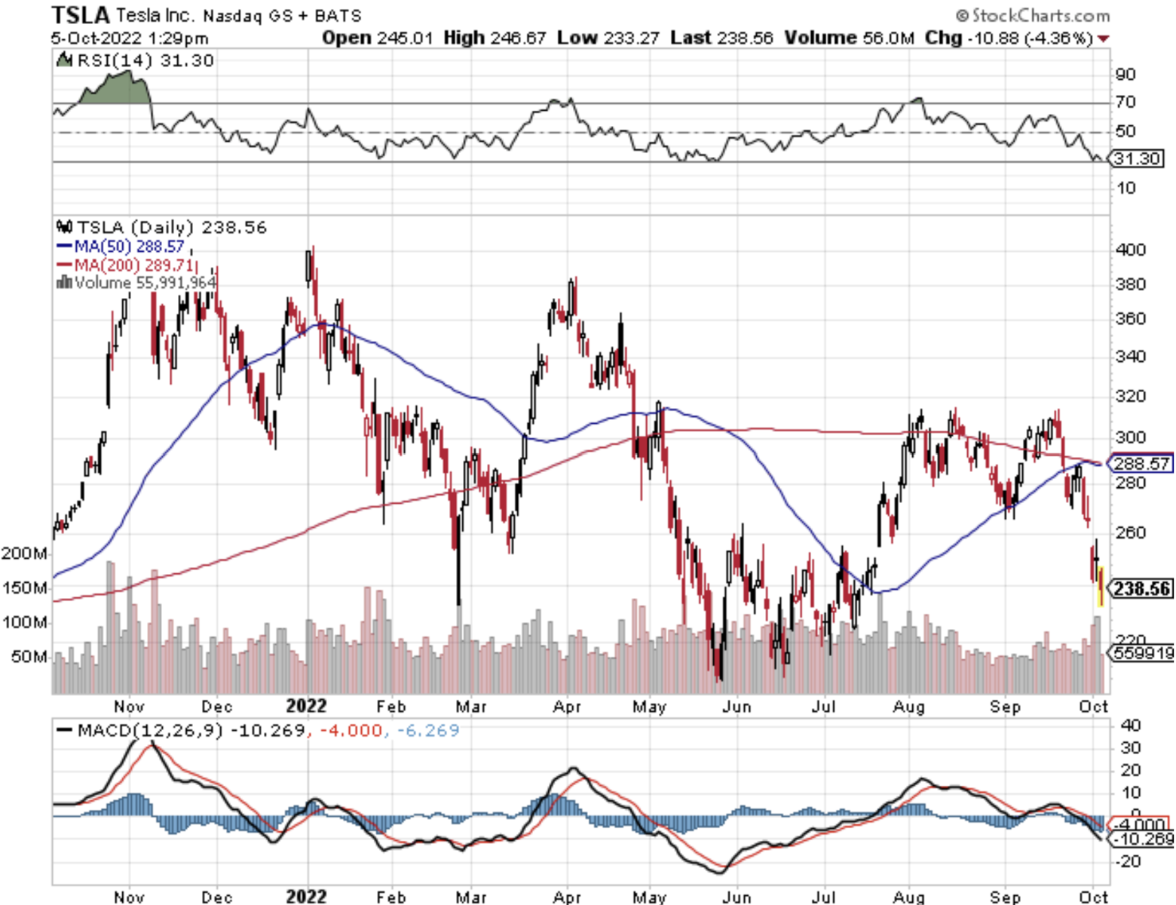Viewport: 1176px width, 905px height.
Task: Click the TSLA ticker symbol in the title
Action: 81,14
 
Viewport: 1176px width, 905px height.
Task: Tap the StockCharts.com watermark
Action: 1033,15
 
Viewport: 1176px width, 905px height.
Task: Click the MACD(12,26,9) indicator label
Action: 140,730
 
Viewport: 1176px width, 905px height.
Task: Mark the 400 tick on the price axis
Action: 1130,250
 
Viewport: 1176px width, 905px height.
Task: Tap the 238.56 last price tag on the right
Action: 1141,588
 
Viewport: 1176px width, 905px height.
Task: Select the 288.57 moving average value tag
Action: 1141,463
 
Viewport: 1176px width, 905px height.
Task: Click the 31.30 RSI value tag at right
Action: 1137,158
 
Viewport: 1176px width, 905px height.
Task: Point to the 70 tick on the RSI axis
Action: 1125,102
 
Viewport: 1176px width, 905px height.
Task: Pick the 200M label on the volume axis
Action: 24,553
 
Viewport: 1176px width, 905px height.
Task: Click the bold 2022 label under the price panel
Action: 306,706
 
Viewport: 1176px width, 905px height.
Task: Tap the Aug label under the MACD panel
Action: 908,897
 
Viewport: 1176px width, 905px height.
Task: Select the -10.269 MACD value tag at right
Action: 1143,839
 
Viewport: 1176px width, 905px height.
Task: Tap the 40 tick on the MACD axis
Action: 1130,725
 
